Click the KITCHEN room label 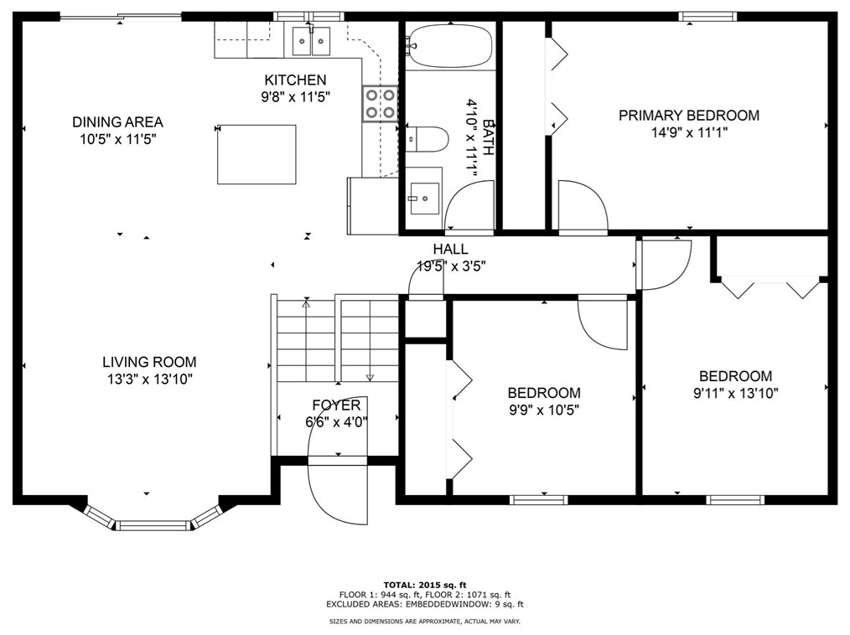295,80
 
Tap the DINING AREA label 117,122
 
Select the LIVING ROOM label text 149,362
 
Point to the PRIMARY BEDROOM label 689,116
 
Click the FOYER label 336,405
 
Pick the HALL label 450,250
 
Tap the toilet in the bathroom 427,140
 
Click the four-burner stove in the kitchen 380,104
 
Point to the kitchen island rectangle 257,154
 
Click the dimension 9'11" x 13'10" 736,394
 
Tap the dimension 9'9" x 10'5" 544,410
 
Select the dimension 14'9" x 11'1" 689,132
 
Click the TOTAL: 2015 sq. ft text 425,585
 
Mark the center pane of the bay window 154,524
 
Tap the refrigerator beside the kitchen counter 373,206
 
